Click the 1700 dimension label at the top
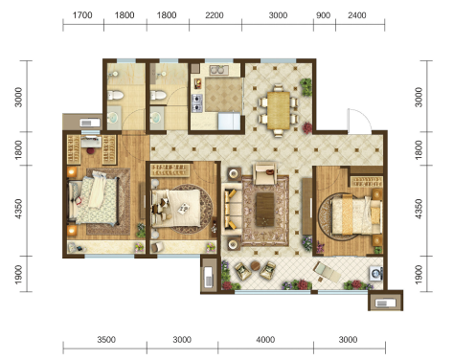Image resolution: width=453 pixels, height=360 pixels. pos(82,15)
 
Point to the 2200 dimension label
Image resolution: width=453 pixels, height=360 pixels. pos(215,15)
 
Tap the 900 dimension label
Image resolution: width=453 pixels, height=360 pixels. pos(323,15)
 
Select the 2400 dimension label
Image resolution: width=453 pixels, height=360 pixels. pos(357,15)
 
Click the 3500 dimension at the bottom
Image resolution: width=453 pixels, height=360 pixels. pos(106,340)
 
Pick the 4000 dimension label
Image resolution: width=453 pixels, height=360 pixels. pos(265,340)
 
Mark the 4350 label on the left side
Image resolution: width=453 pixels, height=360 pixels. pos(18,209)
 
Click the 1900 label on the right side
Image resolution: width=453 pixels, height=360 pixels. pos(419,275)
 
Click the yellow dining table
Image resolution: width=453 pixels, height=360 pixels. pos(279,110)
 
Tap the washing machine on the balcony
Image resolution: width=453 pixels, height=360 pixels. pos(376,274)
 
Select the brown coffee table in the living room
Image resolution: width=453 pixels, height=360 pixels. pos(265,210)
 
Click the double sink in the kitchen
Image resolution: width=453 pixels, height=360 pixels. pos(219,69)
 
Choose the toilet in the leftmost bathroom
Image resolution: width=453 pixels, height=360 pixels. pos(115,95)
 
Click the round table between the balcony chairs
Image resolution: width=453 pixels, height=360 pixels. pos(256,265)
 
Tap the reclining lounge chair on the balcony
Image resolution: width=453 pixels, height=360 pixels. pos(327,272)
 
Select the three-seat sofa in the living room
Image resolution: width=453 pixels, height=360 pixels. pos(231,209)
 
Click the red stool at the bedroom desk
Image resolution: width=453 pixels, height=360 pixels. pos(91,150)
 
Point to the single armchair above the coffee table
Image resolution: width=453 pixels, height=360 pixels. pos(264,173)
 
